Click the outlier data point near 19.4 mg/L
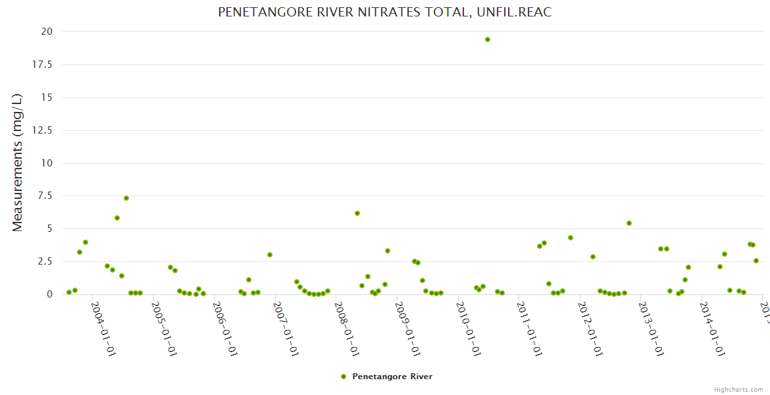pos(488,39)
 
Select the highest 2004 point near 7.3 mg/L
pos(126,198)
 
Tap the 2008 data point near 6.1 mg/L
pos(357,213)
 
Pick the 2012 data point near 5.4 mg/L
pos(629,223)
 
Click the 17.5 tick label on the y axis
pos(43,65)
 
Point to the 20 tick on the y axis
pos(47,32)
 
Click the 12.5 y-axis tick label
pos(43,130)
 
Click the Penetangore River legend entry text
pos(392,377)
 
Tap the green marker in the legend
pos(344,377)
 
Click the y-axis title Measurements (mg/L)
pos(18,163)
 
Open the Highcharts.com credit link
pos(738,389)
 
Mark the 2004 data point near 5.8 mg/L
pos(117,218)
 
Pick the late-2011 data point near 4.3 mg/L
pos(571,238)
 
